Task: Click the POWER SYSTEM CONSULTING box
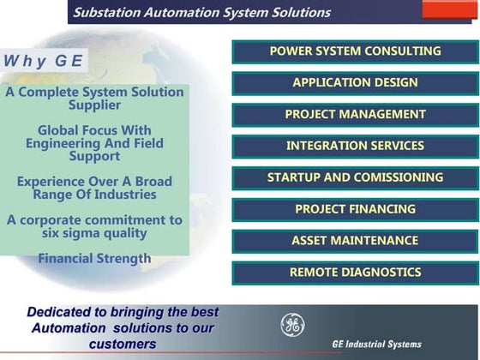click(x=355, y=51)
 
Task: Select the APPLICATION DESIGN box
click(x=355, y=83)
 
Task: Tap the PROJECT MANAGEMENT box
click(x=355, y=115)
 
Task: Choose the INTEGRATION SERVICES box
click(x=355, y=147)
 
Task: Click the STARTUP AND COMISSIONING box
click(x=355, y=178)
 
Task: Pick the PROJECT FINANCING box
click(x=355, y=209)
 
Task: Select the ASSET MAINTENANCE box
click(x=355, y=241)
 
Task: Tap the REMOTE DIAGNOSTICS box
click(x=355, y=273)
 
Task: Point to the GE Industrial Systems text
click(x=376, y=345)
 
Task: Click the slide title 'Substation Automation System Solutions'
click(x=201, y=13)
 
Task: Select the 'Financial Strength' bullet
click(x=94, y=258)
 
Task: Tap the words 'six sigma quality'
click(x=94, y=233)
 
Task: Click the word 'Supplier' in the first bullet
click(x=94, y=105)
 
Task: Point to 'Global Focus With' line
click(x=94, y=130)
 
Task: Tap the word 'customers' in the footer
click(x=123, y=344)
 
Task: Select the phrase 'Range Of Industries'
click(x=94, y=195)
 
